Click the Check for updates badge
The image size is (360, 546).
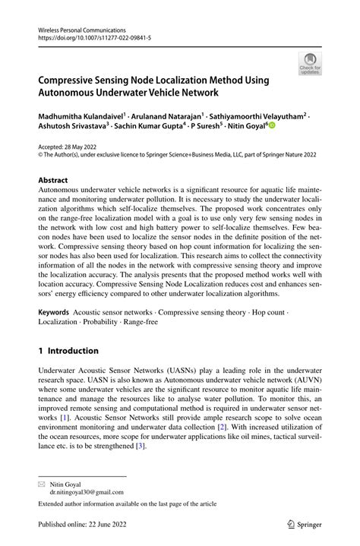pos(310,63)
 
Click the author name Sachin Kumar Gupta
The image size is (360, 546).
pos(147,128)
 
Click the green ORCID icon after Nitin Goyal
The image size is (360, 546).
pos(270,128)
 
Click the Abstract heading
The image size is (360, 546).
pos(57,181)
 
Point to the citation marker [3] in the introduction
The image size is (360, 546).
pos(140,447)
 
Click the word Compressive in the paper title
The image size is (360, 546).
pos(74,80)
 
